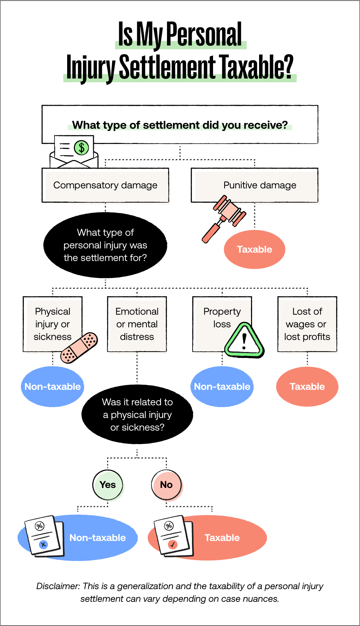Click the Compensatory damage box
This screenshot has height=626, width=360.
(x=105, y=185)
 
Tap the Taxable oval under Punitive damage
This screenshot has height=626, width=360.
(x=254, y=249)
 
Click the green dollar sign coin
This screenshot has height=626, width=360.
(x=82, y=148)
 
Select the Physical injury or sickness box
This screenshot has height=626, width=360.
(x=52, y=324)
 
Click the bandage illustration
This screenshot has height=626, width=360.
(x=79, y=347)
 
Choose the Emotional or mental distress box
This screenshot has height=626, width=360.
(x=137, y=324)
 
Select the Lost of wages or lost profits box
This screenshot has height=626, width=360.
(x=307, y=324)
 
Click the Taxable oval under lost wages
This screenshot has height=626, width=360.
(x=307, y=386)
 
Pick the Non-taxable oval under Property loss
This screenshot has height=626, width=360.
(x=222, y=386)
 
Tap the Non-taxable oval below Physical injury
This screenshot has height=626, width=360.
(x=52, y=386)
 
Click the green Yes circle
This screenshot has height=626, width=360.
(x=108, y=485)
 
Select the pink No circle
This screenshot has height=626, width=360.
(x=166, y=485)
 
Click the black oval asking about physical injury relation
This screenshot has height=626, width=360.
(x=137, y=415)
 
